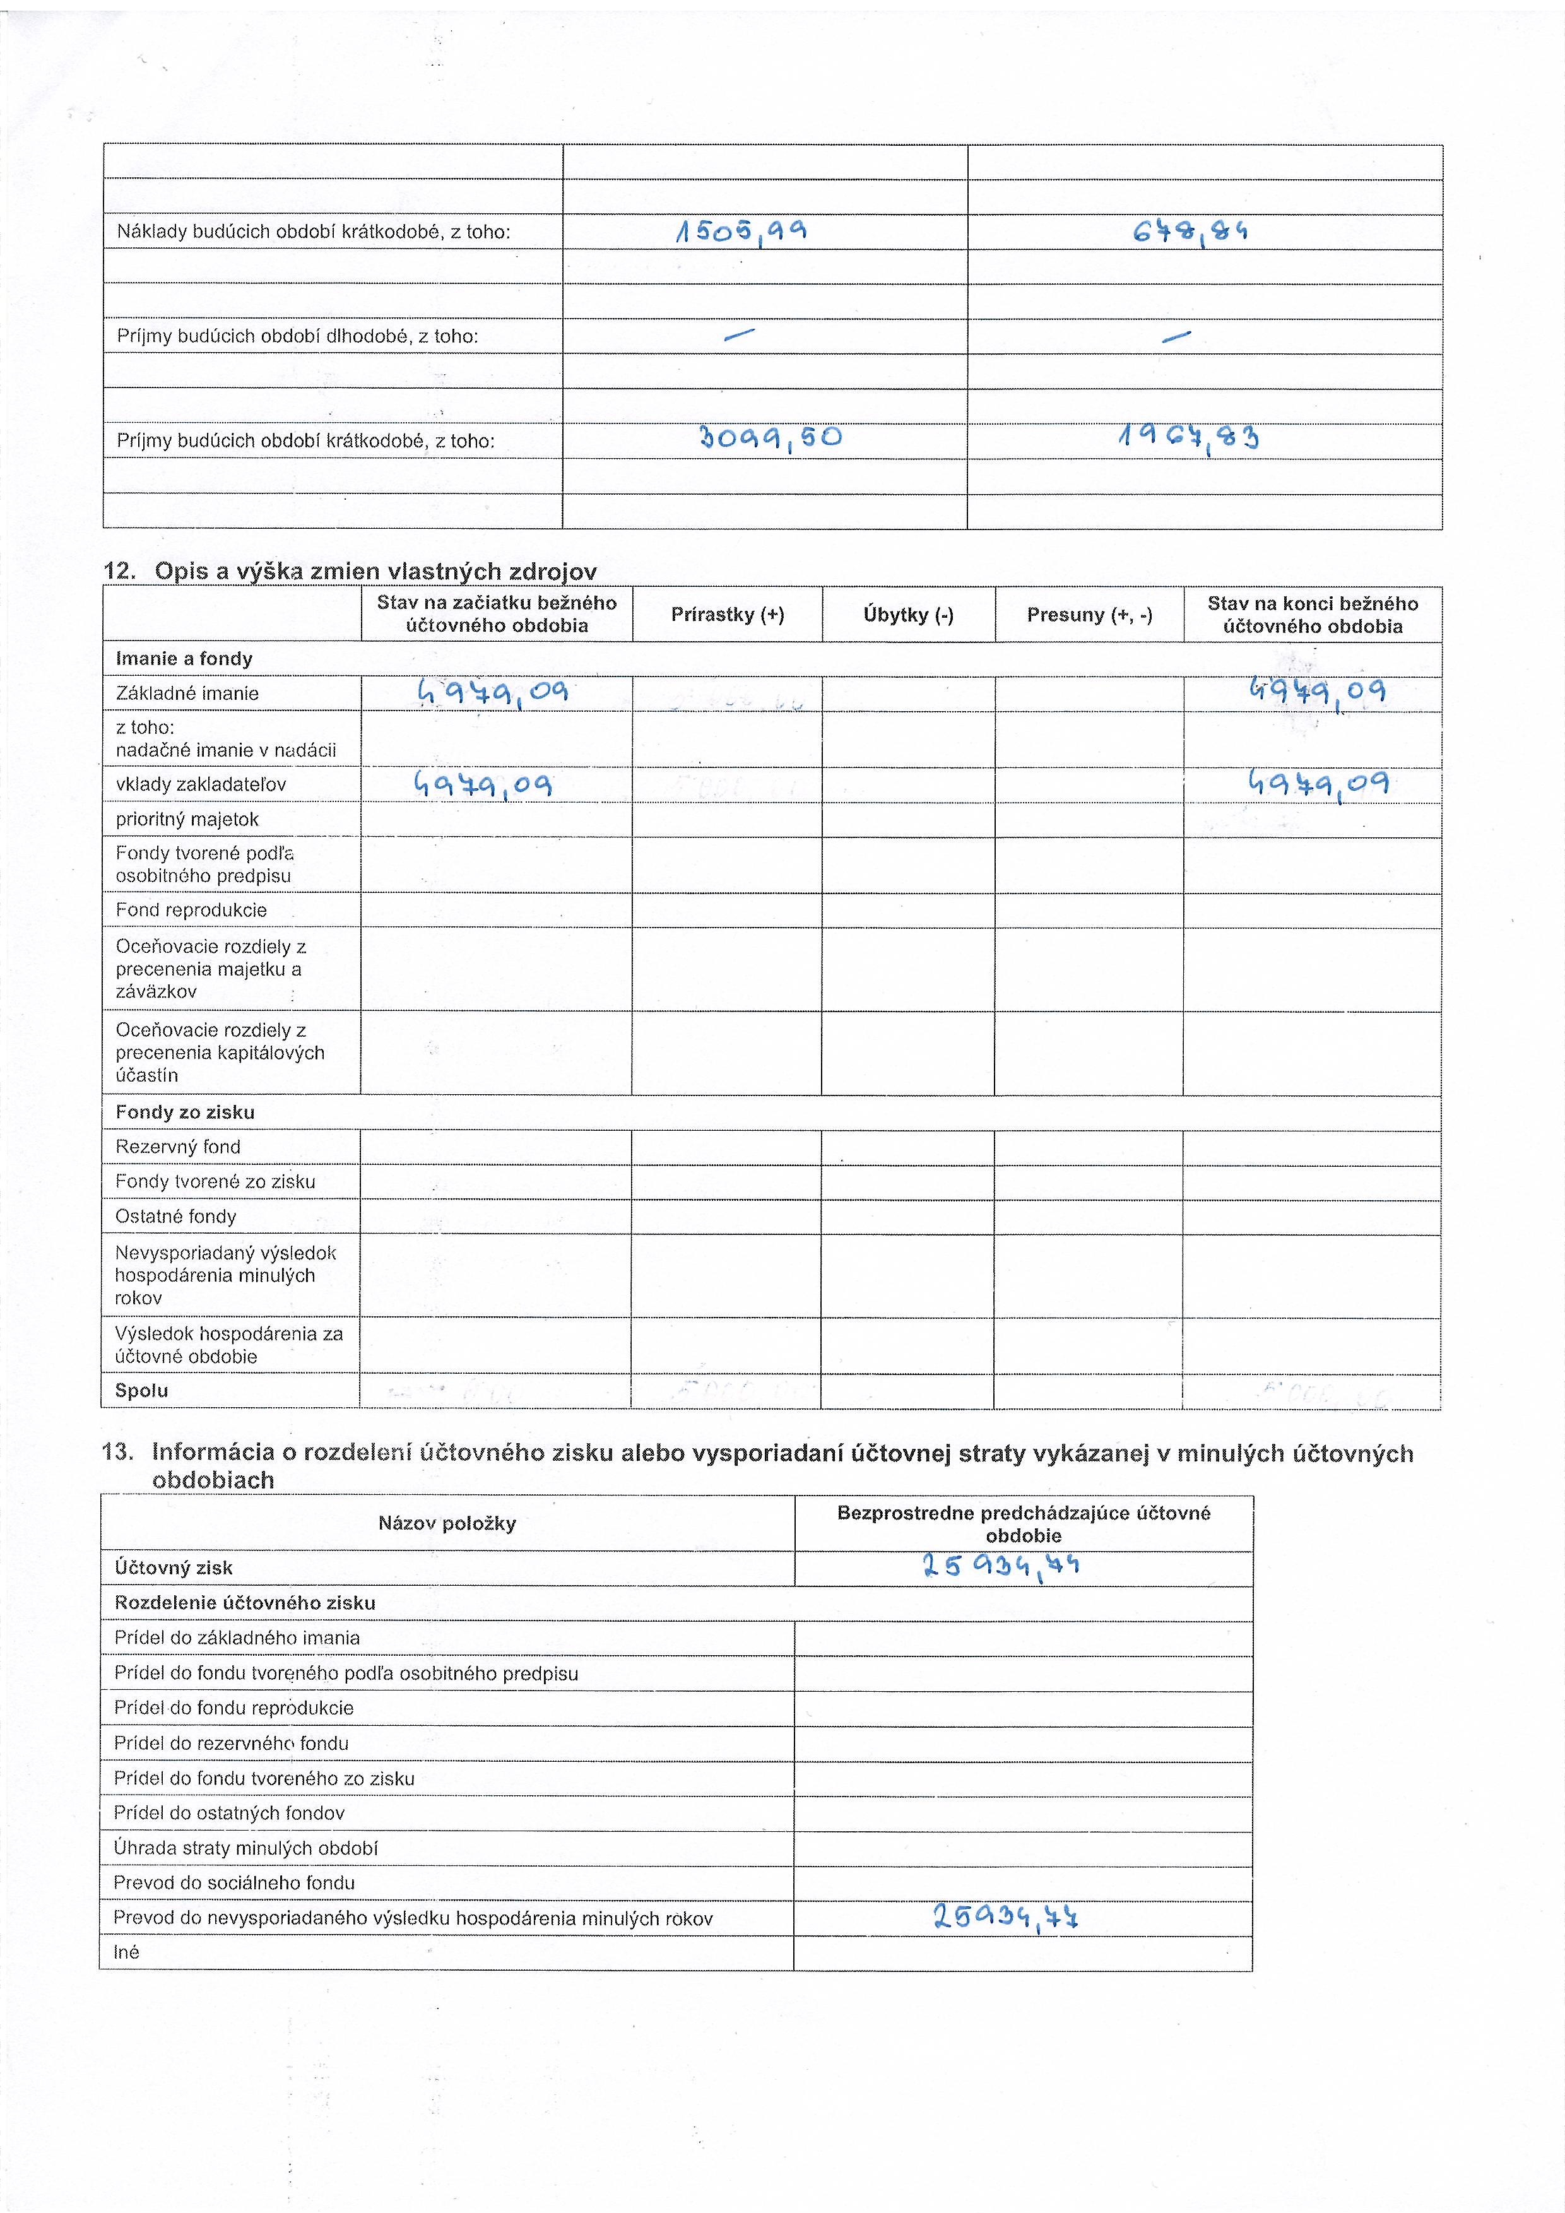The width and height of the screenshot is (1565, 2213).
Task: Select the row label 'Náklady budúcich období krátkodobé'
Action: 313,232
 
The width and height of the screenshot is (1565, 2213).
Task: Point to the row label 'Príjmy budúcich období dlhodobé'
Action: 297,336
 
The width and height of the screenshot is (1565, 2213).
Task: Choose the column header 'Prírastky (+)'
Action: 728,615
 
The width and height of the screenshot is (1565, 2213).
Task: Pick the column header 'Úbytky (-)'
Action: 908,615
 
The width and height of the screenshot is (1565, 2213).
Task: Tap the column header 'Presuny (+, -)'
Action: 1089,615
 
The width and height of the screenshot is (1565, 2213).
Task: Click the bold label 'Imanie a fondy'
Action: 184,659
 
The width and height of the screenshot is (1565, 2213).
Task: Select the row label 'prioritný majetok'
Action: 187,819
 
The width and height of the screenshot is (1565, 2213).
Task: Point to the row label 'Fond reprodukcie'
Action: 191,910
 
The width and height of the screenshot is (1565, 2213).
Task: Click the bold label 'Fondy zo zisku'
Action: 185,1112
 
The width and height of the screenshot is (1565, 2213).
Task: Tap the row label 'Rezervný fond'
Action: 177,1147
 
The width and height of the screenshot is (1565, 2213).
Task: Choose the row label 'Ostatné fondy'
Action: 175,1217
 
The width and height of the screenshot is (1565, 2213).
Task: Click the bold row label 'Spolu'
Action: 141,1391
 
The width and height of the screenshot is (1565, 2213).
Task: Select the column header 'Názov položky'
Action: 447,1524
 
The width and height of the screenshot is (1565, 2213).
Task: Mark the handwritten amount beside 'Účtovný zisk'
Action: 1000,1566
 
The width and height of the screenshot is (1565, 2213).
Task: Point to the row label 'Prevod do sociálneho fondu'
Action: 234,1882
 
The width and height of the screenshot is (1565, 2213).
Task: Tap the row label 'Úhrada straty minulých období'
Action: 245,1848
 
